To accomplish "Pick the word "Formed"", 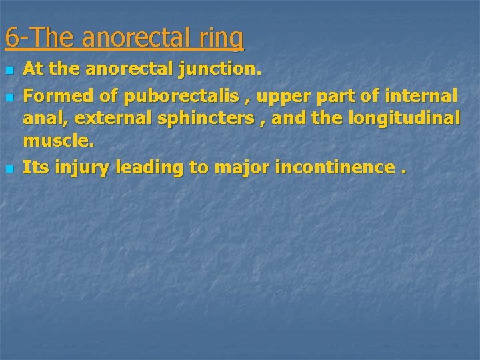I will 59,97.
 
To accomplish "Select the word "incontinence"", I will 333,168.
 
